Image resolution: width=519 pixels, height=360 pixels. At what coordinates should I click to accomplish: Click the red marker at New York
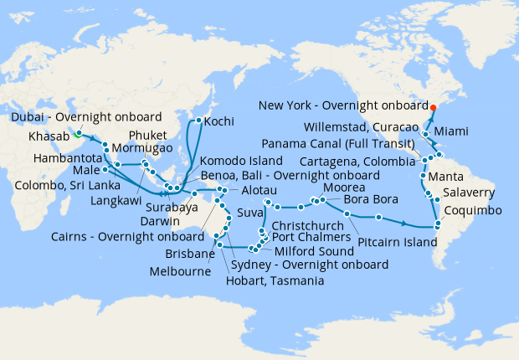[433, 107]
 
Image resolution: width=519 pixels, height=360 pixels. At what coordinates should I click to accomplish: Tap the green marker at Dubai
[77, 132]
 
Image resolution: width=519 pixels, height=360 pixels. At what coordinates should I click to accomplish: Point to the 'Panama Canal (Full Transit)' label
[355, 143]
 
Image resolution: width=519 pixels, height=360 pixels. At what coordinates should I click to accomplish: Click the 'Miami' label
[475, 132]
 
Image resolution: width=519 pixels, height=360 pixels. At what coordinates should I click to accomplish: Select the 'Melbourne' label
[181, 272]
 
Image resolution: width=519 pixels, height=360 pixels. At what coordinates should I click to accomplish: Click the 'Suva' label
[249, 213]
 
